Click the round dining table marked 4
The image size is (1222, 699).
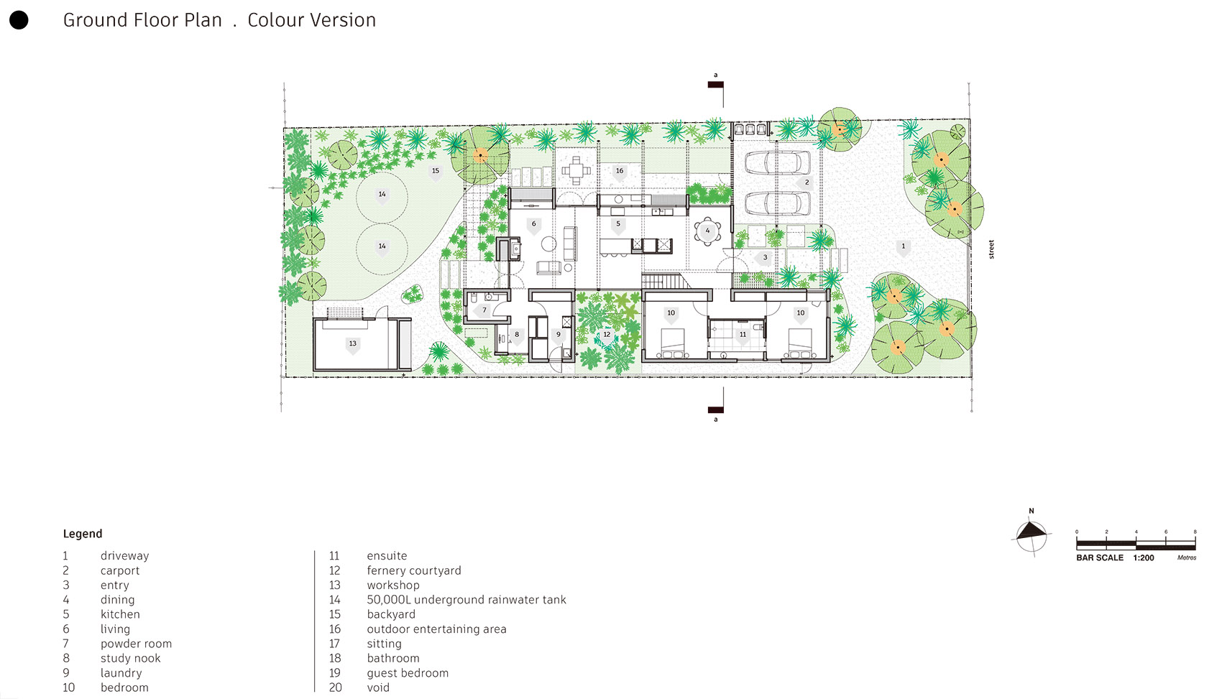707,231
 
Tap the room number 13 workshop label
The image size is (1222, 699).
353,343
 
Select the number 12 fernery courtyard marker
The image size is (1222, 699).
607,335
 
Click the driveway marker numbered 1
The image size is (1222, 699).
904,246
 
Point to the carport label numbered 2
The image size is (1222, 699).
807,182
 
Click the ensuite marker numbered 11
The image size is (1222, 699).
743,335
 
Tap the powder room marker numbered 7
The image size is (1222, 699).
484,310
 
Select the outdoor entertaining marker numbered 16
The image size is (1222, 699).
620,171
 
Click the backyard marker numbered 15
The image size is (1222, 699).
436,171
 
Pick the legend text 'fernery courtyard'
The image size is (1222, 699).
413,570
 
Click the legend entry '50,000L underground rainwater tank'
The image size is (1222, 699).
466,600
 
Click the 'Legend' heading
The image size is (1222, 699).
83,534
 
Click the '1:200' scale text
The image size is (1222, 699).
1143,557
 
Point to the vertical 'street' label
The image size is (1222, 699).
991,249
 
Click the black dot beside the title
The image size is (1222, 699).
19,20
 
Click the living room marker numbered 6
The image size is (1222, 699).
533,224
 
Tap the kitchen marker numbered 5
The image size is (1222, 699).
618,224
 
